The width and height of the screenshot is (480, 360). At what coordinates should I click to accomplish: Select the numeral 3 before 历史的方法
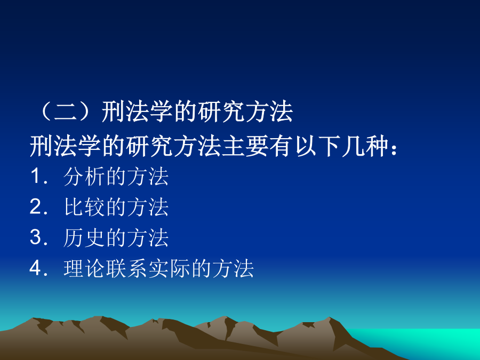tap(36, 237)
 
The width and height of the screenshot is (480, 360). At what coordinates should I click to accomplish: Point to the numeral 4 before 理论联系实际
tap(36, 268)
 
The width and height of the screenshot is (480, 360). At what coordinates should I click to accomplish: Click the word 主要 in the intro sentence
tap(245, 146)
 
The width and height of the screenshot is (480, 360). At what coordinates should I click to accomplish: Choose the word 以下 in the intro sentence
tap(317, 146)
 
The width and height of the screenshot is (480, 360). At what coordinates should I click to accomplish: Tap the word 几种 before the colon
tap(365, 146)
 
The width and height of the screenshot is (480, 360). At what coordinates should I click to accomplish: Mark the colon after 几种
tap(394, 149)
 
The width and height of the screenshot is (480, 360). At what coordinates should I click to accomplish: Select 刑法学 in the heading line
tap(138, 111)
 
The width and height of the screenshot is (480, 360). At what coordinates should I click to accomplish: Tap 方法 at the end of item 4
tap(233, 268)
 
